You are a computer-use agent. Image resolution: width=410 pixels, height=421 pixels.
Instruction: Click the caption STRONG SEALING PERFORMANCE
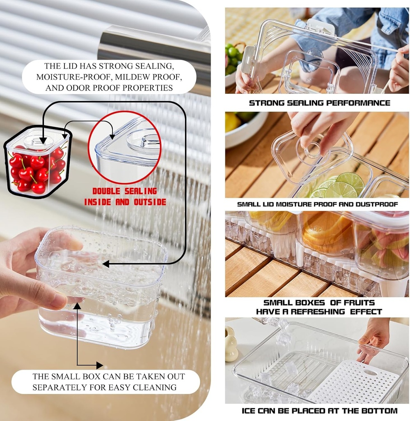319,103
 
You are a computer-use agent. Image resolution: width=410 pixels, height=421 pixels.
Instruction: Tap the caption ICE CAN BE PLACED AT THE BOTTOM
319,410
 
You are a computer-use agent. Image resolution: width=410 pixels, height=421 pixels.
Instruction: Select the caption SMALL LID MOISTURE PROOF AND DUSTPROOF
318,204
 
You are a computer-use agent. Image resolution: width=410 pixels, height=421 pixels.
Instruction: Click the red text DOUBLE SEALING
124,191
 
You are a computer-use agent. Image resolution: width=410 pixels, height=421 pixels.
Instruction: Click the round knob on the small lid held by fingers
313,150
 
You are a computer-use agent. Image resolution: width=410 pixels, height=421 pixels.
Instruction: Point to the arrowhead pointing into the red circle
112,135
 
